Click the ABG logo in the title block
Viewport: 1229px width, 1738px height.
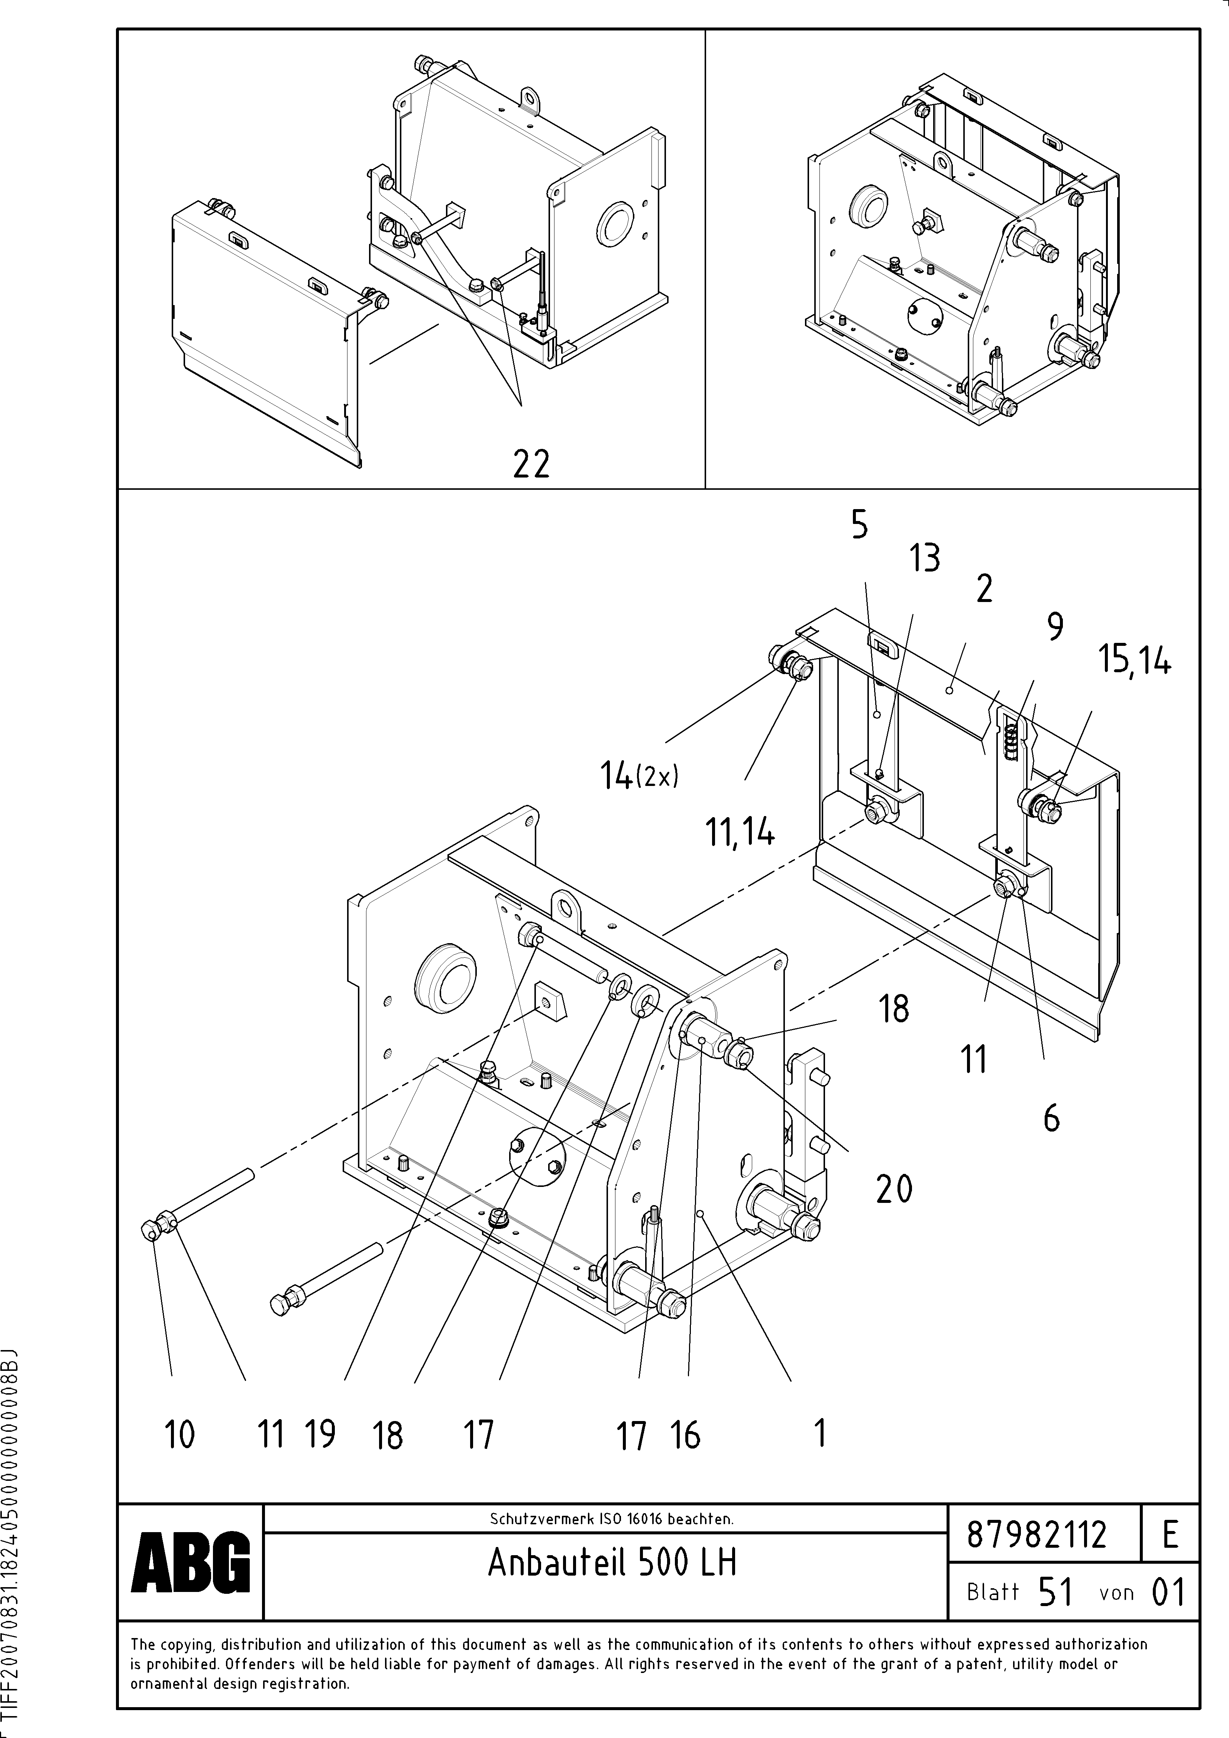pyautogui.click(x=191, y=1561)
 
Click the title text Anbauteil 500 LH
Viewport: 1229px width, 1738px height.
pyautogui.click(x=612, y=1561)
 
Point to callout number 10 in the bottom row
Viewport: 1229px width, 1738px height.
pyautogui.click(x=180, y=1434)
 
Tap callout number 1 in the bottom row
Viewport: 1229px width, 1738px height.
pyautogui.click(x=819, y=1433)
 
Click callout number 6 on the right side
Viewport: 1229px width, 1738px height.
pyautogui.click(x=1051, y=1118)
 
